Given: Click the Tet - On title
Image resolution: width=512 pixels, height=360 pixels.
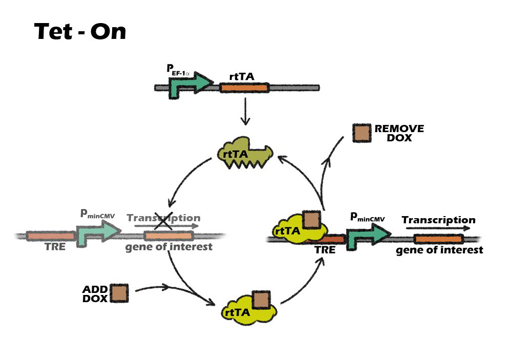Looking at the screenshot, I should coord(80,32).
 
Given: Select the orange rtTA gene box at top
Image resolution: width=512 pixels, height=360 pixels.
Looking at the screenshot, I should coord(244,88).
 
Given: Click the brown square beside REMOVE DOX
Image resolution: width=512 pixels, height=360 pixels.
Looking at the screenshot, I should coord(362,133).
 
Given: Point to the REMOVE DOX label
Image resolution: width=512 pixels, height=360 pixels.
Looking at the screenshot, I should coord(399,133).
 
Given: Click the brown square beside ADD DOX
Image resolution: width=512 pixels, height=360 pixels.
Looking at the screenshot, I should coord(119,293).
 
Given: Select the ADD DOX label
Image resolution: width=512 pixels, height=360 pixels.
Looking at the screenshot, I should coord(95,293).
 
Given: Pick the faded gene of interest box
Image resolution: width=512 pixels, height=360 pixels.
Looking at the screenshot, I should coord(168,236).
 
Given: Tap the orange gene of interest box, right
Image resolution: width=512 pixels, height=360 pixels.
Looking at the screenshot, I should coord(438,239).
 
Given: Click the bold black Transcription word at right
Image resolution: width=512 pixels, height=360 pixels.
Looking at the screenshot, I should coord(438,220).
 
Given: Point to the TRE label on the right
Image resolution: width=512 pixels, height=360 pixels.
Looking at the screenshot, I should coord(325,250).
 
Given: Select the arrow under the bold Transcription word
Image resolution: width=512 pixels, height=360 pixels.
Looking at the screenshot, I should coord(438,228).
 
